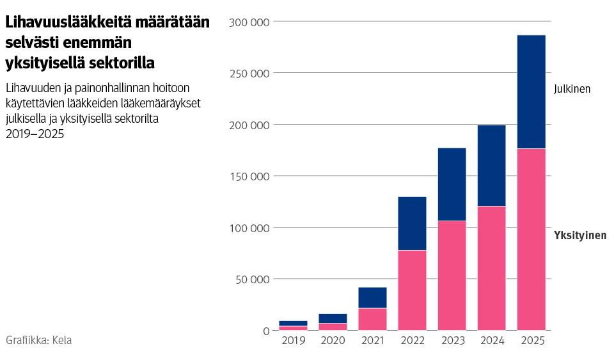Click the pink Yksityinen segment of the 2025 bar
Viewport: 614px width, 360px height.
pyautogui.click(x=531, y=239)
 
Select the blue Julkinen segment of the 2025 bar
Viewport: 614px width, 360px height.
pyautogui.click(x=531, y=91)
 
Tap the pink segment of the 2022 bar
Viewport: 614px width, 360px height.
pyautogui.click(x=412, y=290)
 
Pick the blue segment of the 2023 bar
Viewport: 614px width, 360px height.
pyautogui.click(x=452, y=184)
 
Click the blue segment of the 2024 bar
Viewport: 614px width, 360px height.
pyautogui.click(x=491, y=165)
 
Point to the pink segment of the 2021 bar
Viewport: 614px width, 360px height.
pyautogui.click(x=372, y=319)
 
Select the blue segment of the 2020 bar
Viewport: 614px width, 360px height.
pyautogui.click(x=333, y=318)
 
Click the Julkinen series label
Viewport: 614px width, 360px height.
pyautogui.click(x=572, y=89)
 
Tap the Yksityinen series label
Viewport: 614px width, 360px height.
pyautogui.click(x=579, y=236)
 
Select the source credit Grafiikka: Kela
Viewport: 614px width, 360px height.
pyautogui.click(x=38, y=340)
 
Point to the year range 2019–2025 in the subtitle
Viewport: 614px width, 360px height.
pyautogui.click(x=35, y=134)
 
